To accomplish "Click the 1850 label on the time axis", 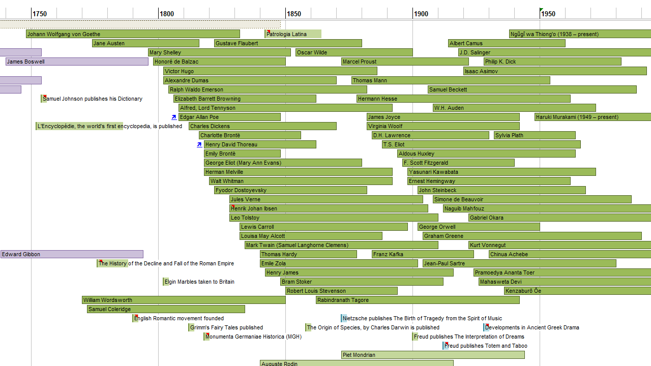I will coord(293,14).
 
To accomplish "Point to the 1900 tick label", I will coord(421,14).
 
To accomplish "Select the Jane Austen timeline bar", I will coord(145,43).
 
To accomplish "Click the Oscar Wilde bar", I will coord(354,52).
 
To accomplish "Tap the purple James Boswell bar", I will coord(77,62).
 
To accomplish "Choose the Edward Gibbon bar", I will coord(72,254).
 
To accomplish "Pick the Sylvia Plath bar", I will coord(535,135).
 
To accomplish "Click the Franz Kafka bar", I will coord(423,254).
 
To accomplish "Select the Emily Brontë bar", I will coord(242,154).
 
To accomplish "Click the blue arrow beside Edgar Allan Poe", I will coord(174,117).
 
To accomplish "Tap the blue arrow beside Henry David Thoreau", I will coord(199,144).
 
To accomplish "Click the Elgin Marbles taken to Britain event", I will coord(199,282).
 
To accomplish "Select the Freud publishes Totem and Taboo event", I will coord(486,346).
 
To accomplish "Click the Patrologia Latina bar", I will coord(293,34).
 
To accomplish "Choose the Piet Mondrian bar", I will coord(433,355).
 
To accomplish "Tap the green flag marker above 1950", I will coord(541,10).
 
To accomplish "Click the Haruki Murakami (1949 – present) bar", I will coord(593,117).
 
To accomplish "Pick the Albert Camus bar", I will coord(507,43).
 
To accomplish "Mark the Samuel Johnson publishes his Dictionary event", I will coord(92,99).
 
